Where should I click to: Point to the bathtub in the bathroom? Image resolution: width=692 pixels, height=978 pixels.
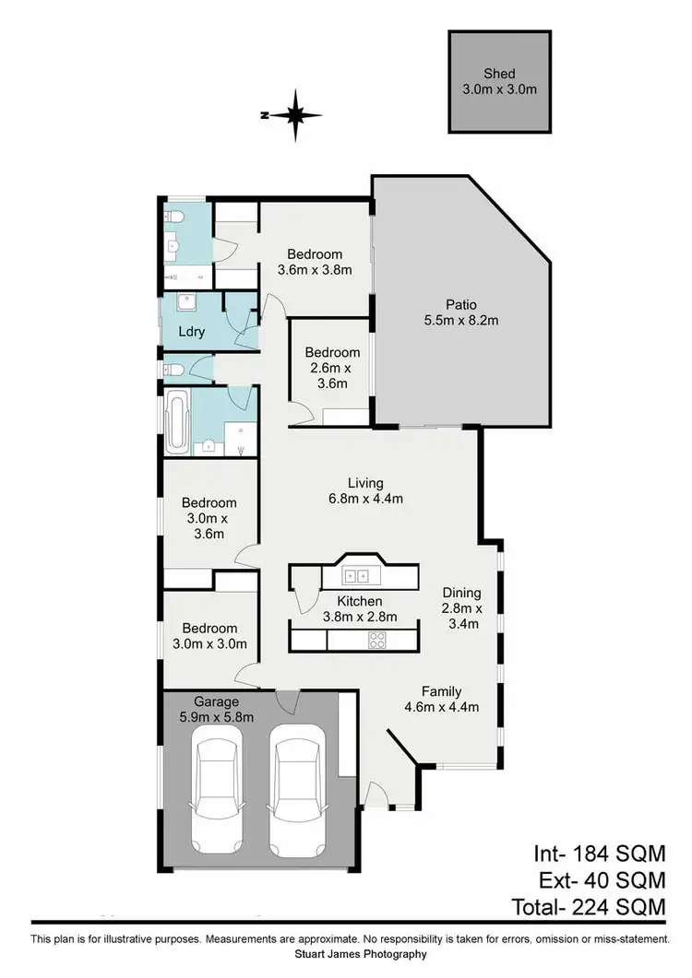coord(177,421)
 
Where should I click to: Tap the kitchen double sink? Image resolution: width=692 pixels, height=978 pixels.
coord(357,577)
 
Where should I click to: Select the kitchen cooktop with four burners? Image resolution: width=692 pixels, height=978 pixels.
coord(376,641)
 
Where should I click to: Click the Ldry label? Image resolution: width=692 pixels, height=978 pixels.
coord(191,332)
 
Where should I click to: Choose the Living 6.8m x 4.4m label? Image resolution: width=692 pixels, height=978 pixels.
coord(365,490)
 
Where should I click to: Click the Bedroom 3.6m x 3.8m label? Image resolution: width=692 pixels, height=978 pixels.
coord(314,263)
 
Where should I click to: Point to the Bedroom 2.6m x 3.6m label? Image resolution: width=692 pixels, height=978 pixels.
coord(332,368)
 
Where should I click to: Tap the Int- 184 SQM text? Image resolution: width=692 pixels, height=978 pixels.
coord(599,853)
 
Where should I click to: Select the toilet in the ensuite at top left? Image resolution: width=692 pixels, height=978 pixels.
coord(174,217)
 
